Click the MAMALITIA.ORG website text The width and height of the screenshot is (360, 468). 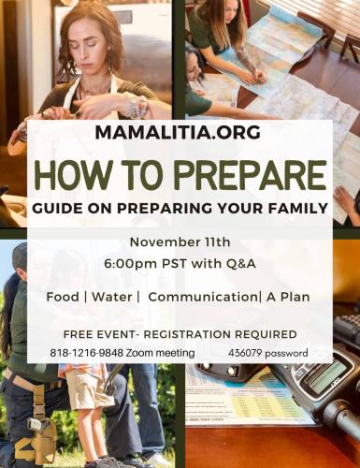click(x=180, y=132)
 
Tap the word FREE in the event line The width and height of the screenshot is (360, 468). click(x=79, y=334)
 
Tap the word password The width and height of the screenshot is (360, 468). click(x=298, y=353)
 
